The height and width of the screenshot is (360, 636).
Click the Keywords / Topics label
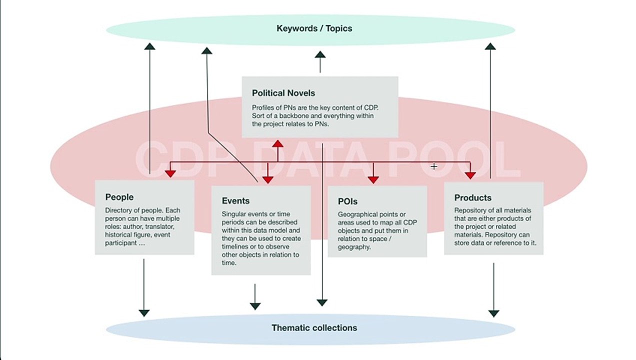[x=314, y=28]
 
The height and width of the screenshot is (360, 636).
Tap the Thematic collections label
[x=314, y=328]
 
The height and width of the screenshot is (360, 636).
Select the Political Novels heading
[x=283, y=93]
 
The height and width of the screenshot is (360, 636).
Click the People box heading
[x=119, y=197]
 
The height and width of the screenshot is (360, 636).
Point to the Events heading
[x=235, y=200]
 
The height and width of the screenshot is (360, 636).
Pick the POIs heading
[x=347, y=201]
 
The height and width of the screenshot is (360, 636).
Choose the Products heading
[x=472, y=197]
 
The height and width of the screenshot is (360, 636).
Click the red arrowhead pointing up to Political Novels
[x=277, y=143]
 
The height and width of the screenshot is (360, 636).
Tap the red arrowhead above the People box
[x=170, y=174]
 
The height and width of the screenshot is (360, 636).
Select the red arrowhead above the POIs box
[x=373, y=179]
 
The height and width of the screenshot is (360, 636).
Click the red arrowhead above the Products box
[x=470, y=175]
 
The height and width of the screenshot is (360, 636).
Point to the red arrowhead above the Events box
[x=267, y=179]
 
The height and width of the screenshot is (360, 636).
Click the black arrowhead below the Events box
[x=255, y=306]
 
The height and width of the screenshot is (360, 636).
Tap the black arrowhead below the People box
[x=144, y=313]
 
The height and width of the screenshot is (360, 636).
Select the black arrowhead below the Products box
[x=494, y=313]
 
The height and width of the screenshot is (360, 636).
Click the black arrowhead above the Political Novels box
[x=320, y=54]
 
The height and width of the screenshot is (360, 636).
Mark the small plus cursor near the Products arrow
[x=434, y=166]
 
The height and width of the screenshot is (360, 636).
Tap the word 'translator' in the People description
[x=159, y=227]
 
